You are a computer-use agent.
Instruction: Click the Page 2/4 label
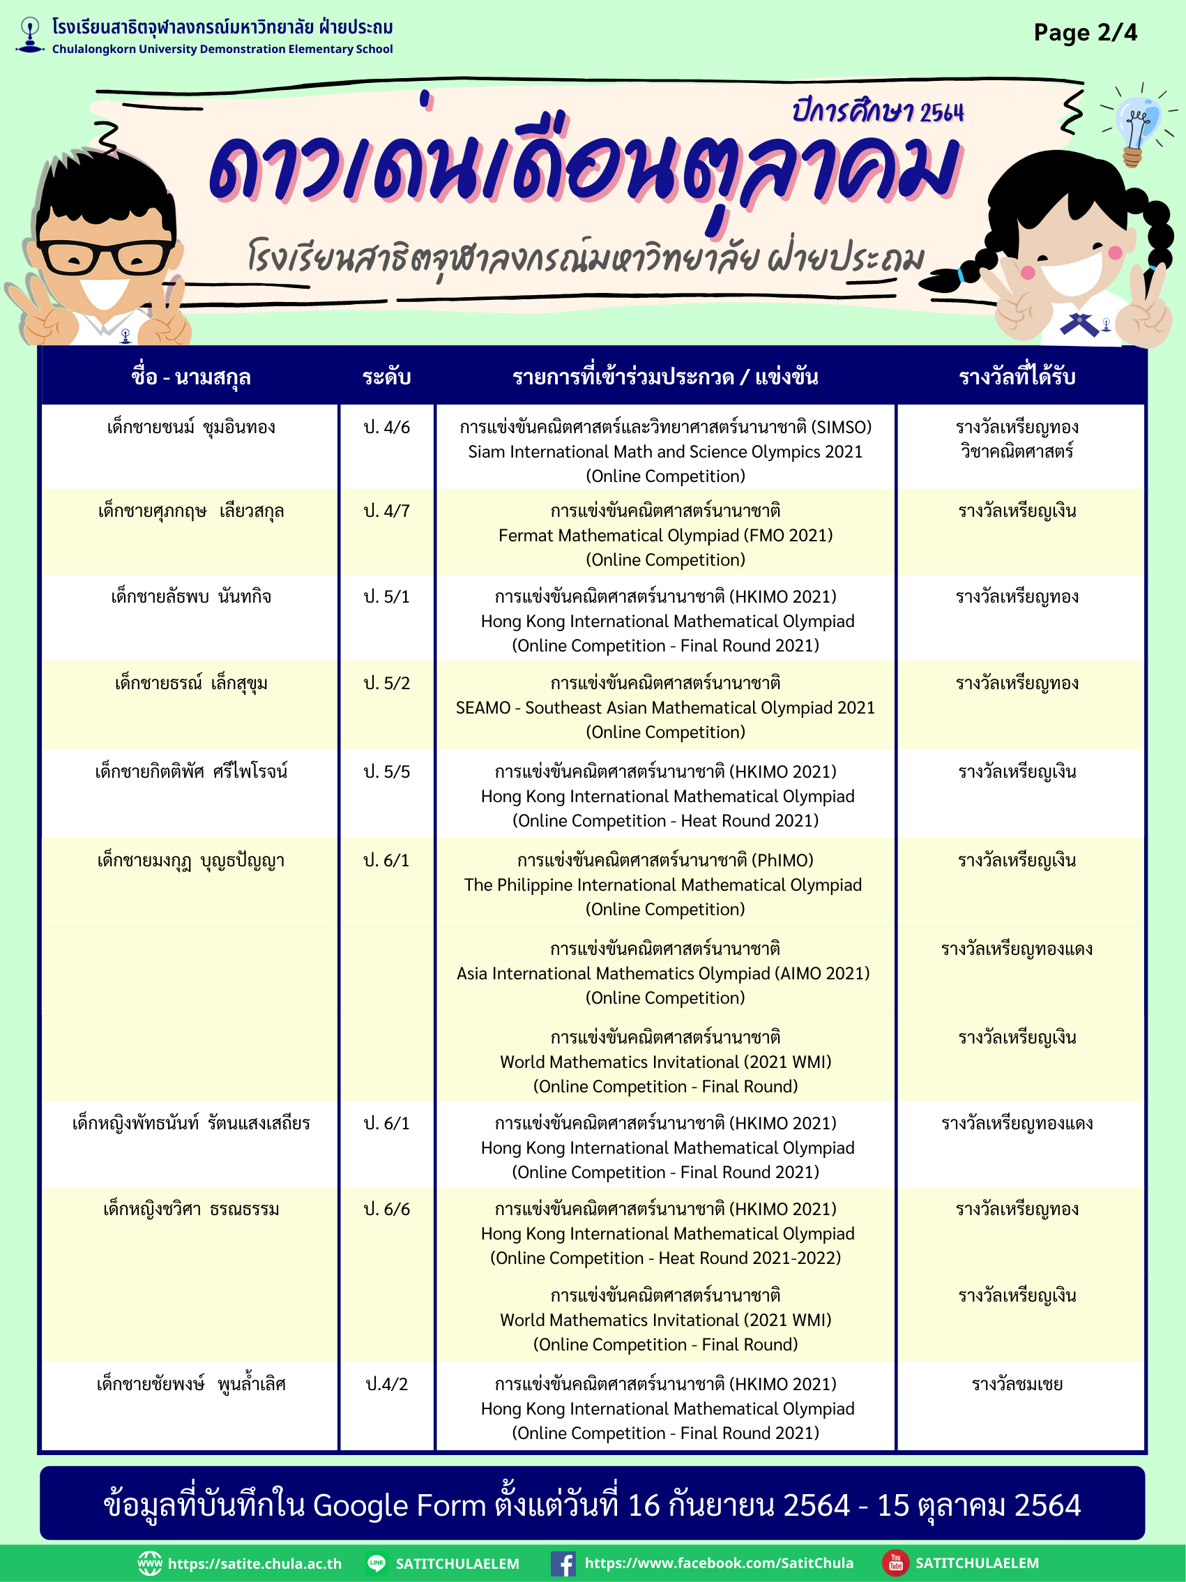(1084, 33)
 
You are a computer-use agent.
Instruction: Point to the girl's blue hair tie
(962, 275)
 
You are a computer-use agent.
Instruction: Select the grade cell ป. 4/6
(387, 428)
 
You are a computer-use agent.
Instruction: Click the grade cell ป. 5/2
(387, 684)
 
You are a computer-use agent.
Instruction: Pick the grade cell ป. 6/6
(387, 1210)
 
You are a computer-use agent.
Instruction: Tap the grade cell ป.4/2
(387, 1384)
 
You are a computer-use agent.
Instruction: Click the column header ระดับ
(387, 377)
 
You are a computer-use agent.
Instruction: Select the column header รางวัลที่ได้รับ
(1017, 377)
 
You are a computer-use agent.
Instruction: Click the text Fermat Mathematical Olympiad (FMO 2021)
(665, 536)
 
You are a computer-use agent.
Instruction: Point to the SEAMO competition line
(665, 708)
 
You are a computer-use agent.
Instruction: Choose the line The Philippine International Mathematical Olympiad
(662, 885)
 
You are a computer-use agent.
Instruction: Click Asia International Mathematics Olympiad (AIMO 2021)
(662, 974)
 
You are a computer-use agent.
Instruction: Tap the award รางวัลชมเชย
(1017, 1384)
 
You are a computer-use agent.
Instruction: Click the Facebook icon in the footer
(563, 1563)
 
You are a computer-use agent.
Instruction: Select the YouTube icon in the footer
(895, 1562)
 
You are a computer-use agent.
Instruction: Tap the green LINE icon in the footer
(376, 1562)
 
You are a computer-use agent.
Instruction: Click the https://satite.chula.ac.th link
(254, 1563)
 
